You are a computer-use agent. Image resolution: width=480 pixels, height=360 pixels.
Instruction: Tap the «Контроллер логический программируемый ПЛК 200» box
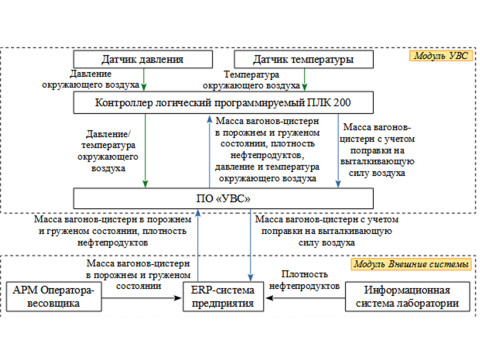(213, 102)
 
